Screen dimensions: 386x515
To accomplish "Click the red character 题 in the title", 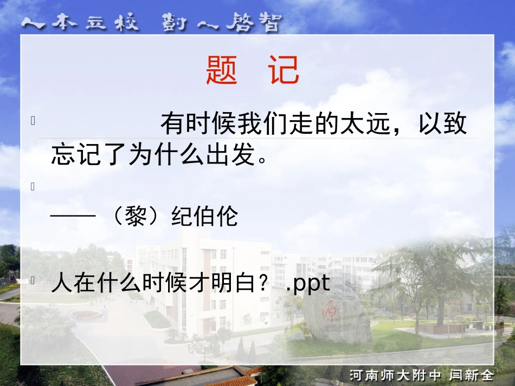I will (222, 71).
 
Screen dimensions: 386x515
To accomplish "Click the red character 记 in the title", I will (285, 71).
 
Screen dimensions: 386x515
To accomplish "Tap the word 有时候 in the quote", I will (198, 125).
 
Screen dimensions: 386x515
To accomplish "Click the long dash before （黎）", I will (73, 217).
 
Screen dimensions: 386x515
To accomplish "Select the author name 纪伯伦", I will (204, 217).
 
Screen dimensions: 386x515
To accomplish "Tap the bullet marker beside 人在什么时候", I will (34, 280).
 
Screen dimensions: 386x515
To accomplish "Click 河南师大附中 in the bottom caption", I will (396, 375).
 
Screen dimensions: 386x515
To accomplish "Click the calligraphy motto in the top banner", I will (152, 23).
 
